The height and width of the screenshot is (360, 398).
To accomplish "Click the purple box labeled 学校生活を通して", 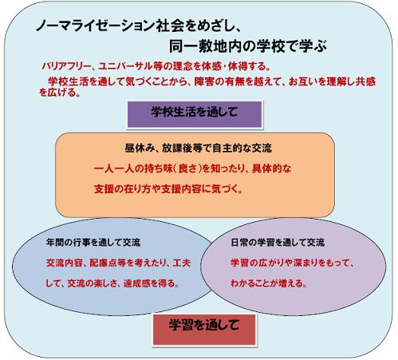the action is click(195, 114).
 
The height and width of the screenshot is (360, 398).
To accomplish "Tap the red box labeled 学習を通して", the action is click(204, 330).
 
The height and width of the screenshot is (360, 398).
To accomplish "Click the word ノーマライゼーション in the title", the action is click(95, 26).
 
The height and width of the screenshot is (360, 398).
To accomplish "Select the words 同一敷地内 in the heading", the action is click(205, 46).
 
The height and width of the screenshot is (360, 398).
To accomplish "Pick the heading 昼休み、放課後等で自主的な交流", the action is click(199, 148).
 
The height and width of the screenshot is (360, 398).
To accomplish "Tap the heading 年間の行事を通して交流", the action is click(93, 243).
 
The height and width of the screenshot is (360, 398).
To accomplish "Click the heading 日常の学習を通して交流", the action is click(278, 243).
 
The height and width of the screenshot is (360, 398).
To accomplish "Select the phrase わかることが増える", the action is click(266, 283).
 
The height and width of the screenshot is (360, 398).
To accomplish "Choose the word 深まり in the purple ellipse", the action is click(305, 263).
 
